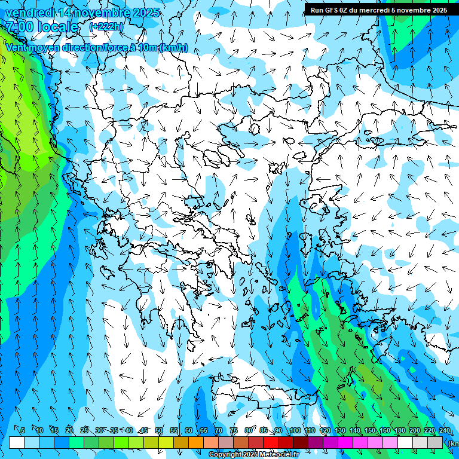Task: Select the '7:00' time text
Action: pos(19,27)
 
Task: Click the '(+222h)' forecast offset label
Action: pos(107,27)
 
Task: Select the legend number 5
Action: pos(23,430)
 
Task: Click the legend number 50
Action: pos(158,430)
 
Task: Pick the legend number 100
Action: pos(295,430)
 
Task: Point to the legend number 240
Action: pos(444,430)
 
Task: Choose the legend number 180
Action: pos(399,430)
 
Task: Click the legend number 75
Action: pos(233,430)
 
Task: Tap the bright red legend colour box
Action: pos(271,442)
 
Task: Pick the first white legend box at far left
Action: pos(17,442)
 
